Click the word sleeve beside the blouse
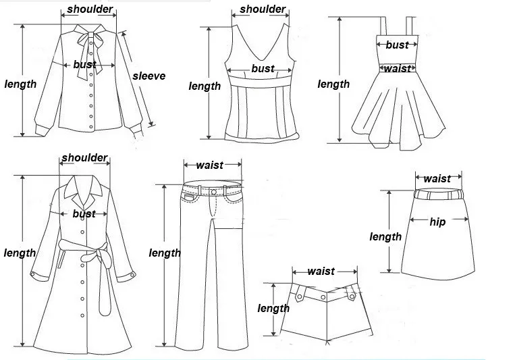(x=148, y=76)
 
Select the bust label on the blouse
(x=84, y=65)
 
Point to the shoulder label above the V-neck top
(x=263, y=9)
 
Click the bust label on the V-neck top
(x=263, y=68)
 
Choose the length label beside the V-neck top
(x=205, y=86)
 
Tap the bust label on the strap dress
(x=397, y=45)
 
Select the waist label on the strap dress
(x=398, y=68)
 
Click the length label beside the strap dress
(x=333, y=84)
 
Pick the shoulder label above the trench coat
(x=84, y=158)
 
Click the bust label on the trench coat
(x=84, y=213)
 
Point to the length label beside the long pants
(x=165, y=253)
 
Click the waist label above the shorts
(x=321, y=271)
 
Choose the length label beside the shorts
(x=273, y=308)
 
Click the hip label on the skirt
(x=437, y=222)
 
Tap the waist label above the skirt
(x=437, y=178)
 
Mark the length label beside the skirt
(x=385, y=236)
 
